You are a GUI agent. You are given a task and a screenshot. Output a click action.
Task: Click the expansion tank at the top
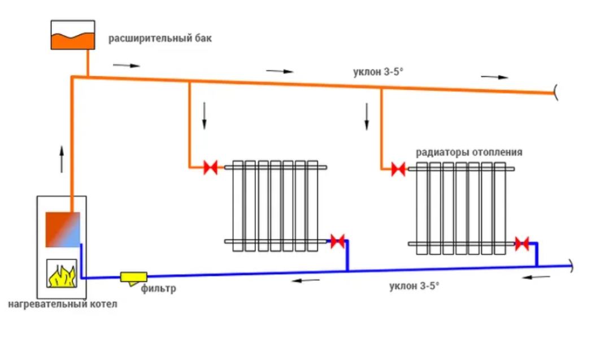pyautogui.click(x=72, y=35)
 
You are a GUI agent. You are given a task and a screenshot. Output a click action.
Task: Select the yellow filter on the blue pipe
pyautogui.click(x=134, y=276)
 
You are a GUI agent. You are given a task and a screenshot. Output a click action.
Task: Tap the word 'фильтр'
pyautogui.click(x=159, y=289)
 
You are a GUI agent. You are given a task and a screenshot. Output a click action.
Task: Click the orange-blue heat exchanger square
pyautogui.click(x=62, y=229)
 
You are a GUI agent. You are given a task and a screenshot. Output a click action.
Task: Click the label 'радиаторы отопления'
pyautogui.click(x=469, y=152)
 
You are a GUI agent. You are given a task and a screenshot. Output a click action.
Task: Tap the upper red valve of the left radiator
pyautogui.click(x=211, y=167)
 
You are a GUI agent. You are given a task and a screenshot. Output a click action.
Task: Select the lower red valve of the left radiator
pyautogui.click(x=337, y=241)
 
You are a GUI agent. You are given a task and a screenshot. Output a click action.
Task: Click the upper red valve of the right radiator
pyautogui.click(x=398, y=168)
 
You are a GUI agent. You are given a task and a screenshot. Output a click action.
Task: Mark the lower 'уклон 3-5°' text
pyautogui.click(x=414, y=286)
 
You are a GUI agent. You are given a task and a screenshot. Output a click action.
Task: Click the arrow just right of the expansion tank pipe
pyautogui.click(x=125, y=65)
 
